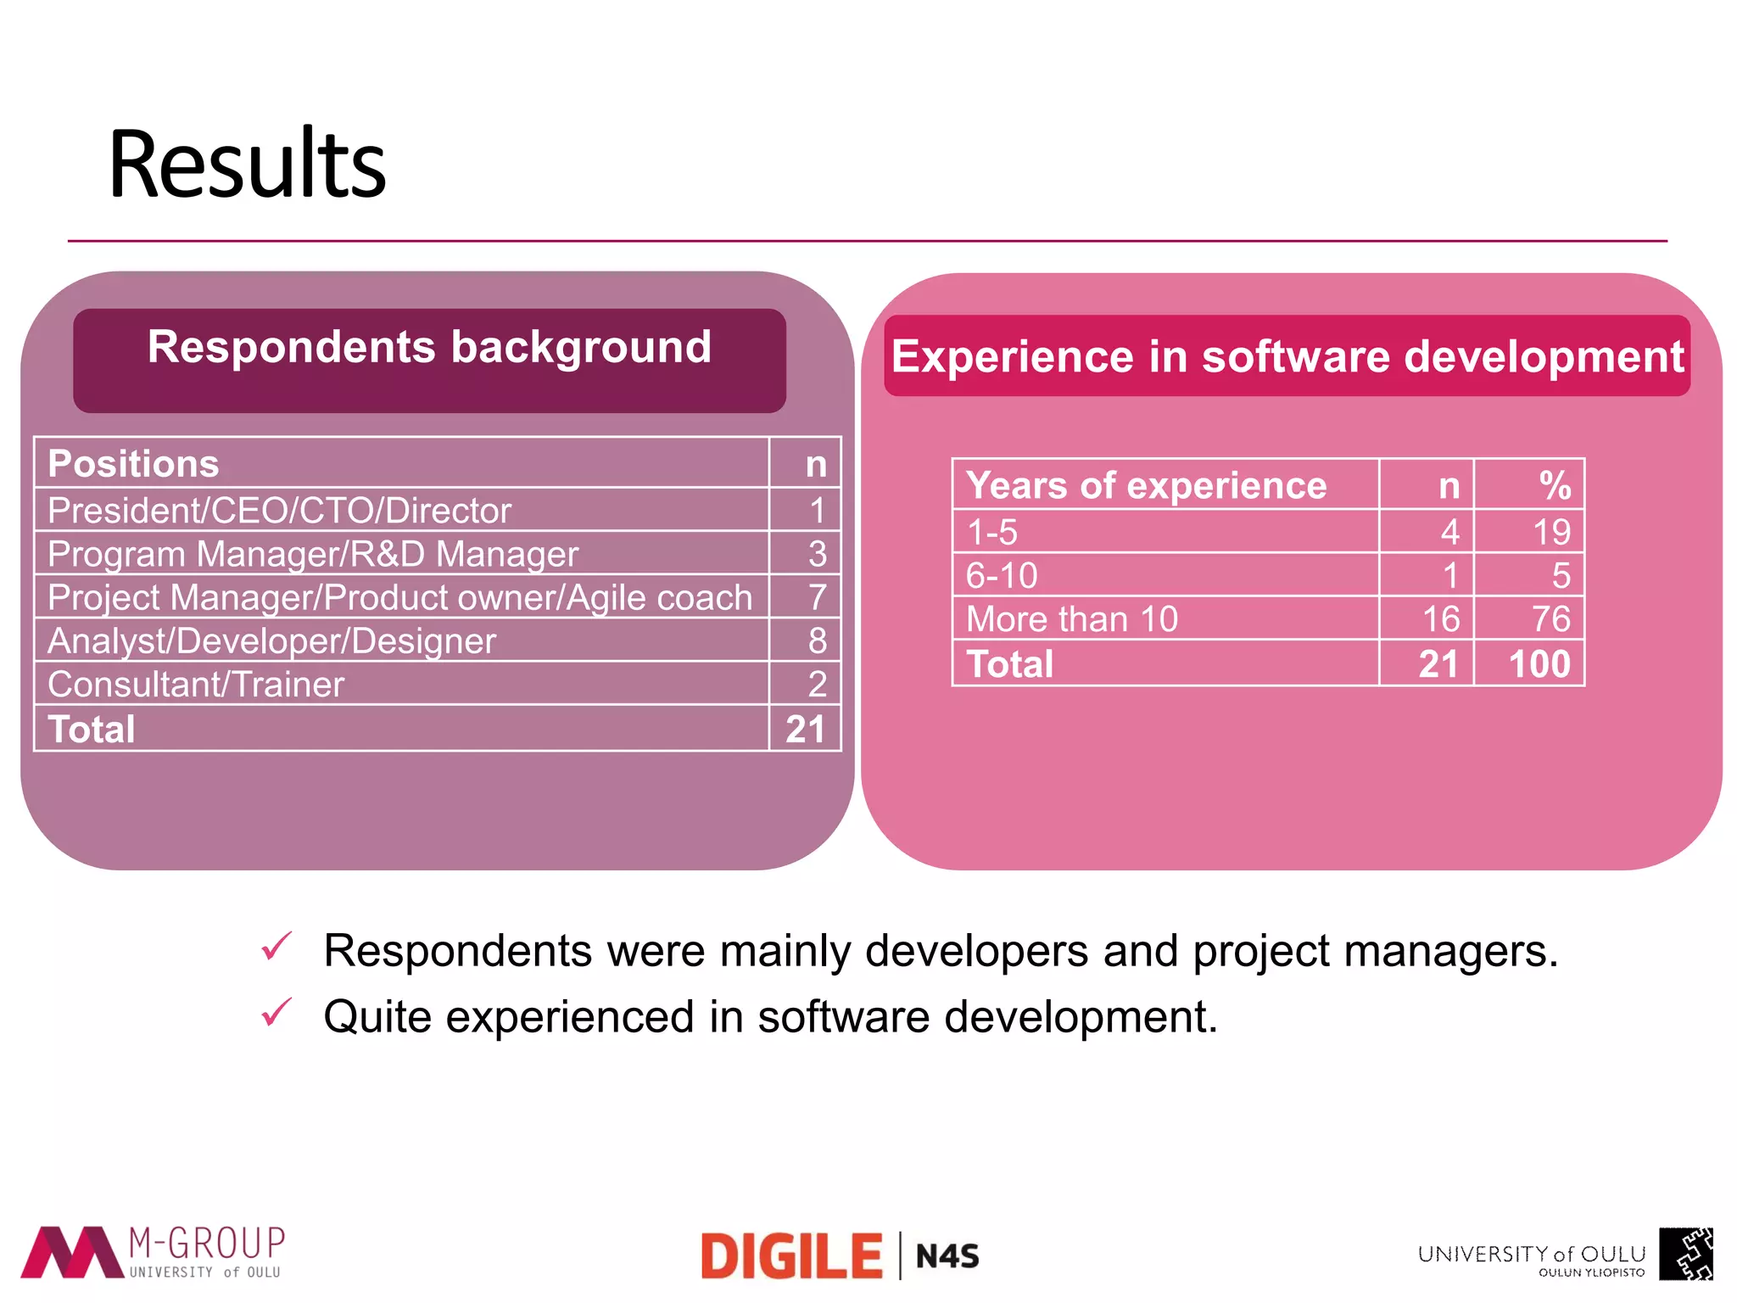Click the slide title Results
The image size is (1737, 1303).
pyautogui.click(x=247, y=164)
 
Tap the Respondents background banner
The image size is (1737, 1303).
pyautogui.click(x=429, y=349)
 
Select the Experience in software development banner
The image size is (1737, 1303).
pyautogui.click(x=1287, y=355)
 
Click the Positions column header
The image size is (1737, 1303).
pyautogui.click(x=134, y=464)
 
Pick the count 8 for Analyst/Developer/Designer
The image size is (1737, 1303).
pyautogui.click(x=817, y=641)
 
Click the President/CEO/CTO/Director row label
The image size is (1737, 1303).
pyautogui.click(x=280, y=511)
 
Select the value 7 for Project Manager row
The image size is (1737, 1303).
pyautogui.click(x=817, y=597)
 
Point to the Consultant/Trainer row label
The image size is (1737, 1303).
pyautogui.click(x=196, y=685)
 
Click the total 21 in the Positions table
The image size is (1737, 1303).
pyautogui.click(x=805, y=730)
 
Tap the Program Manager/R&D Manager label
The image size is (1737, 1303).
pyautogui.click(x=313, y=554)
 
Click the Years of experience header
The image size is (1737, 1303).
pyautogui.click(x=1146, y=486)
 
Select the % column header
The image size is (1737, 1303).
pyautogui.click(x=1555, y=486)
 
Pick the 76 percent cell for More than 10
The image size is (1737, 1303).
pyautogui.click(x=1550, y=619)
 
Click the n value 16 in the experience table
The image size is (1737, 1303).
pyautogui.click(x=1441, y=619)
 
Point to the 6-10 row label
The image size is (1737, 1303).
pyautogui.click(x=1002, y=576)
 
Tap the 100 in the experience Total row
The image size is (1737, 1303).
pyautogui.click(x=1539, y=664)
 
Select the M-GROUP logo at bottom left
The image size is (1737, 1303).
pyautogui.click(x=153, y=1252)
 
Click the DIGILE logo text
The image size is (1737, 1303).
pyautogui.click(x=791, y=1256)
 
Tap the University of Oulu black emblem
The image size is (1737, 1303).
pyautogui.click(x=1685, y=1254)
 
